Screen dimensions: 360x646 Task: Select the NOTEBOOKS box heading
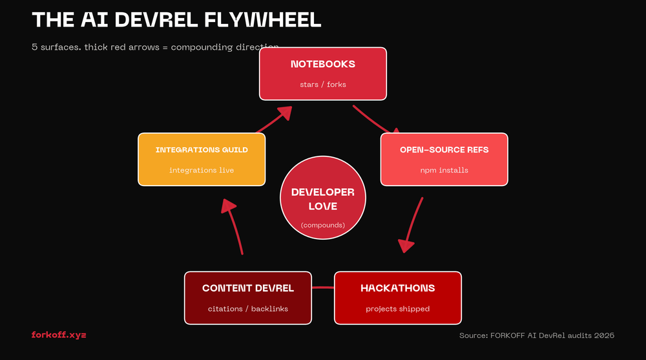coord(322,64)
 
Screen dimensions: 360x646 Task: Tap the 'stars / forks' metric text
coord(322,85)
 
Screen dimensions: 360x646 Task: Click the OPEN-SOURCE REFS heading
coord(444,150)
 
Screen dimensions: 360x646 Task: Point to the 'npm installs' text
coord(444,170)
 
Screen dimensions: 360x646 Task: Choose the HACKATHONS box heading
coord(397,288)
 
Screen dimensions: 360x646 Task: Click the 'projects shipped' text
coord(397,309)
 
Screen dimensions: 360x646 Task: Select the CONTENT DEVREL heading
coord(247,288)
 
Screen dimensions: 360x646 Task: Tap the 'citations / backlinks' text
coord(247,309)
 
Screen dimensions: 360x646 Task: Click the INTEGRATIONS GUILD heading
coord(202,150)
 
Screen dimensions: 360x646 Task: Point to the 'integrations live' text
coord(202,170)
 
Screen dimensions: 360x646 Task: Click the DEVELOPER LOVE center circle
coord(322,197)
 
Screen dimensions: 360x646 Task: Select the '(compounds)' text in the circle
coord(322,226)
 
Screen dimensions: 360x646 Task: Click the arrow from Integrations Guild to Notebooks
coord(274,121)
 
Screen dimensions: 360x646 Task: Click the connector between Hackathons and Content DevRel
coord(323,287)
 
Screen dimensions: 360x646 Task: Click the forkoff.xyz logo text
coord(59,335)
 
